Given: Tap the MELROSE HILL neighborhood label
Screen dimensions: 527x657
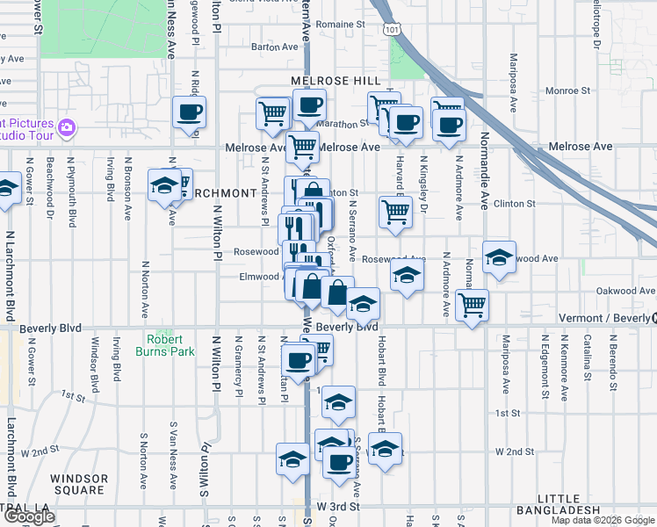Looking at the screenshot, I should coord(336,81).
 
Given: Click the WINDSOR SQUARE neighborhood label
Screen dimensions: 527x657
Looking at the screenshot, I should coord(79,484).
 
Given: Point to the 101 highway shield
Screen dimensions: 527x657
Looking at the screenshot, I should coord(390,29).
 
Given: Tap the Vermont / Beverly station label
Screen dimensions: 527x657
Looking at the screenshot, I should coord(606,317).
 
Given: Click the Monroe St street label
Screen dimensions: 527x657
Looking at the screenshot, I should coord(567,90).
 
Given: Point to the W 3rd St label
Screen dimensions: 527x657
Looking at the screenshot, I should coord(338,507).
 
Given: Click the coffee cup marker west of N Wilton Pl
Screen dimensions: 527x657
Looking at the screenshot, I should coord(190,112).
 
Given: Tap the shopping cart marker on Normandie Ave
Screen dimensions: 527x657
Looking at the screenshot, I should coord(472,306).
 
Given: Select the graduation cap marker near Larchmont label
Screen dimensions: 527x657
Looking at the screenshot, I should coord(163,185).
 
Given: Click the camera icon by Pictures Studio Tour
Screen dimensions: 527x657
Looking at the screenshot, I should coord(67,129).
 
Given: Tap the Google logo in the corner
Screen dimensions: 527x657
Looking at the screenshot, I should coord(29,516).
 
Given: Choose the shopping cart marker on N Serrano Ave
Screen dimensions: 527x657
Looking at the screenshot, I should coord(395,211).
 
